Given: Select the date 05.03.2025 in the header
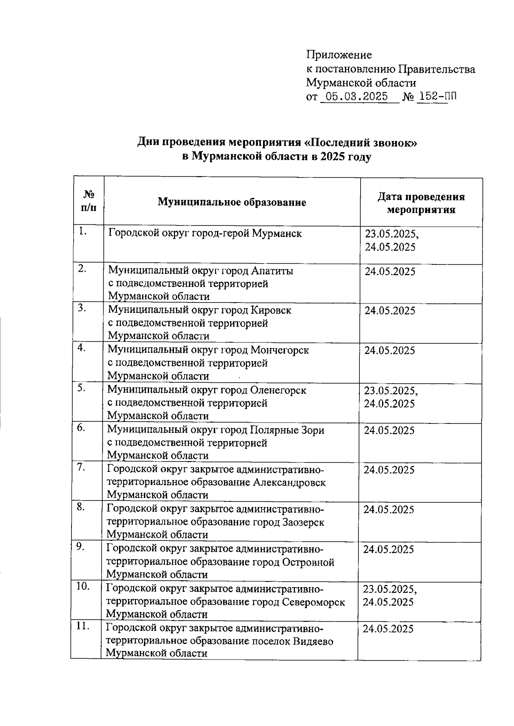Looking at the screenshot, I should [x=356, y=96].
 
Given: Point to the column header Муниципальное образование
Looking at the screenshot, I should [x=232, y=202].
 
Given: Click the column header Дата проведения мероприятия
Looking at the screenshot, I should [x=421, y=203].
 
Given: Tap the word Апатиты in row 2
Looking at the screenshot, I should [x=272, y=271].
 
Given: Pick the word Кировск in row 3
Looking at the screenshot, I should [x=271, y=310].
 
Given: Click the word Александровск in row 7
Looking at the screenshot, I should [x=289, y=483].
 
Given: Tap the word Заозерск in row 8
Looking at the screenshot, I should [x=303, y=522].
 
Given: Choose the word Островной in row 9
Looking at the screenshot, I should [x=308, y=562].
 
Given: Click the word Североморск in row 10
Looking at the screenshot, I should [x=314, y=602].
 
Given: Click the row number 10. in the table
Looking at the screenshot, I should [x=83, y=587].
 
